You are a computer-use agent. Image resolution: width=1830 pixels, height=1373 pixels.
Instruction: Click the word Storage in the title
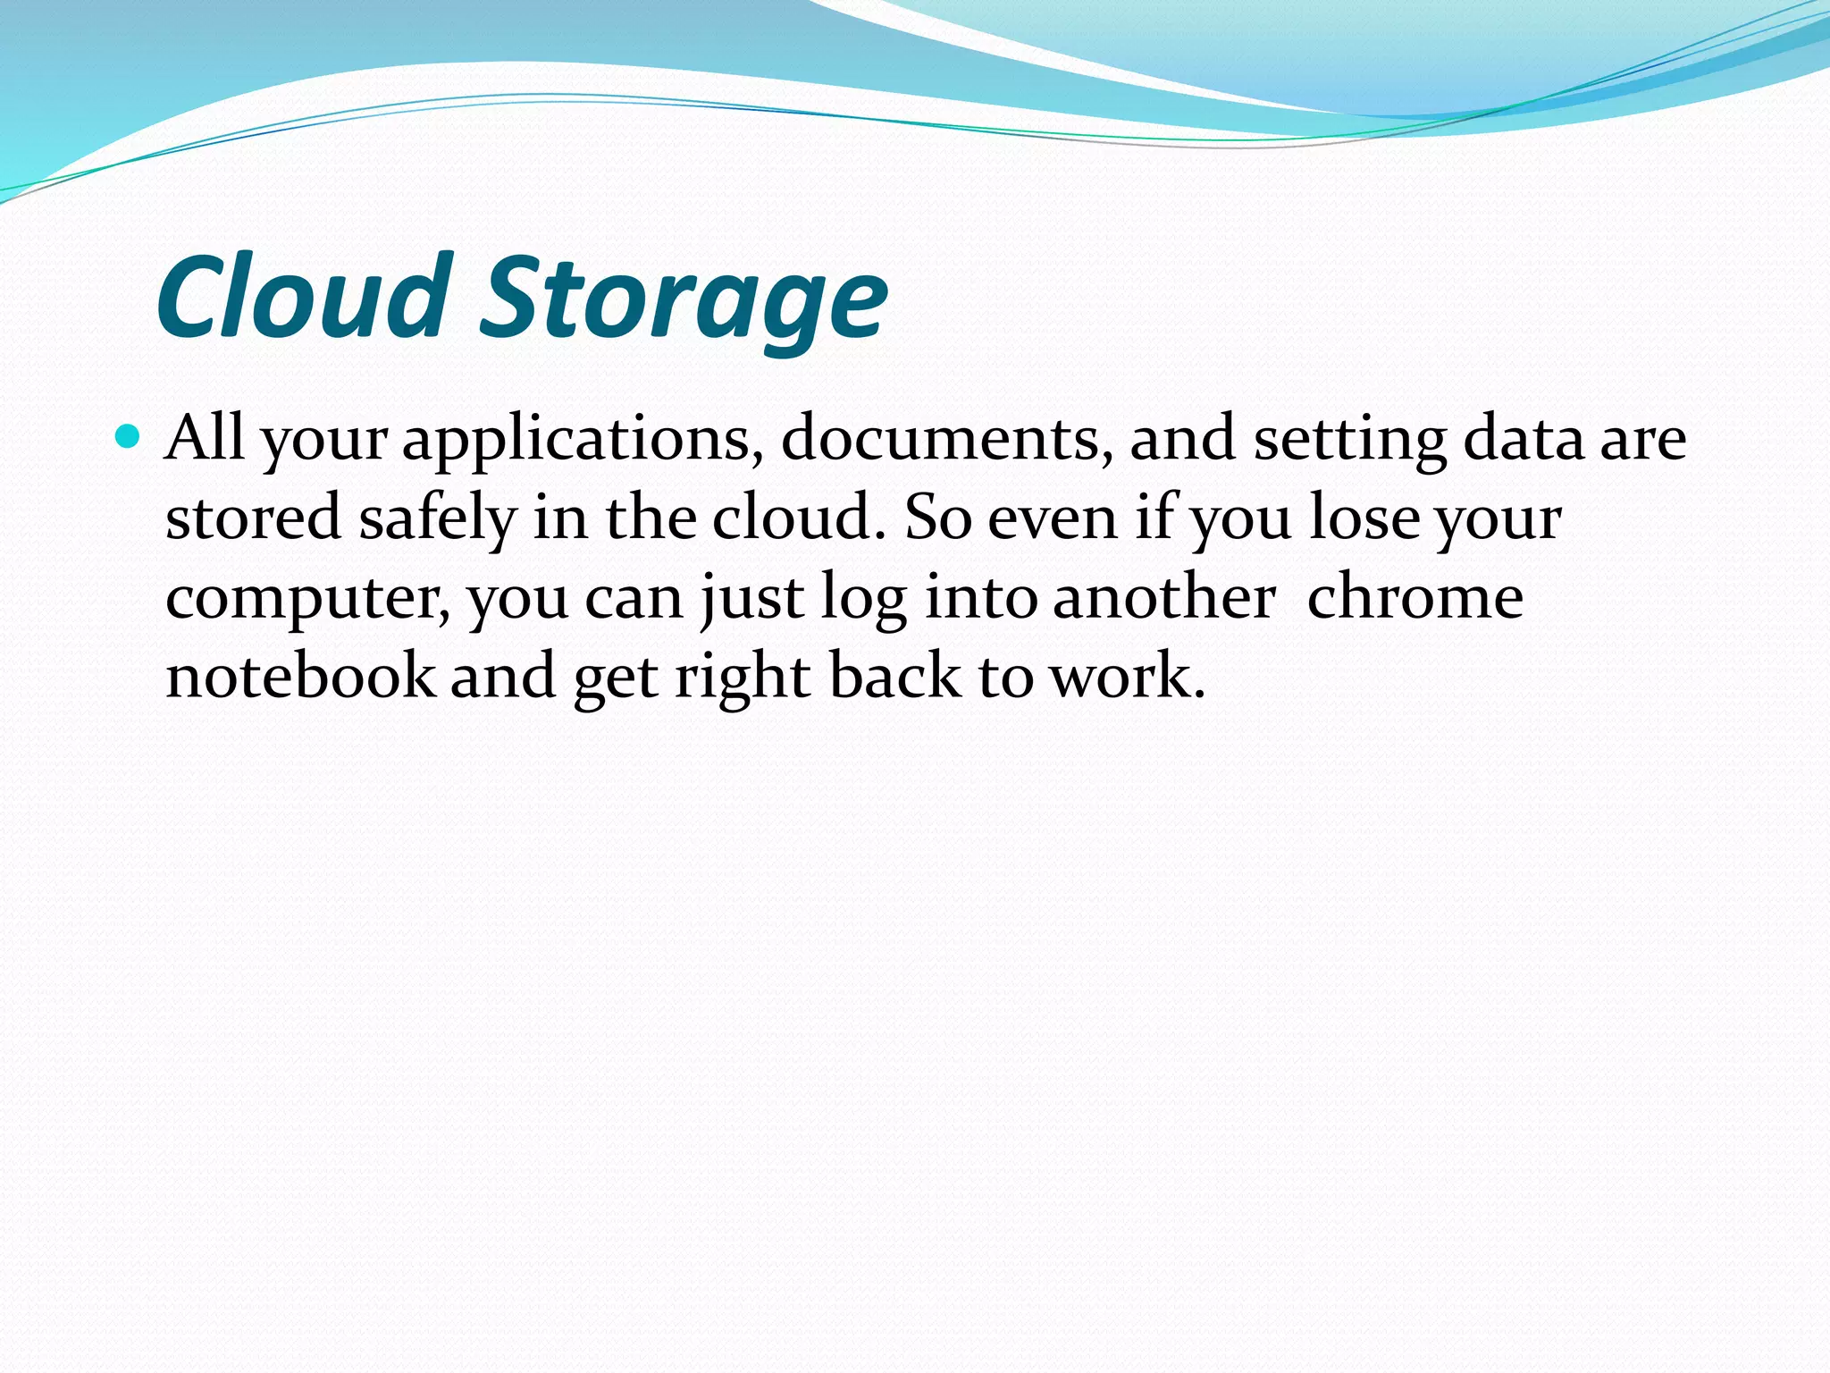pos(684,299)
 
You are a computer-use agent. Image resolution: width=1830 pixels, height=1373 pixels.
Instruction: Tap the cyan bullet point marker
pos(130,437)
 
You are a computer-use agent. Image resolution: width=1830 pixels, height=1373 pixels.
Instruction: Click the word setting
pos(1349,440)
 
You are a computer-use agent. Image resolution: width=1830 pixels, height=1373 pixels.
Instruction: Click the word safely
pos(437,518)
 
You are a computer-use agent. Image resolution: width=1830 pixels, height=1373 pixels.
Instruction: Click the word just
pos(751,597)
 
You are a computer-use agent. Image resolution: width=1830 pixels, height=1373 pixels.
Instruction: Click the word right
pos(743,677)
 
